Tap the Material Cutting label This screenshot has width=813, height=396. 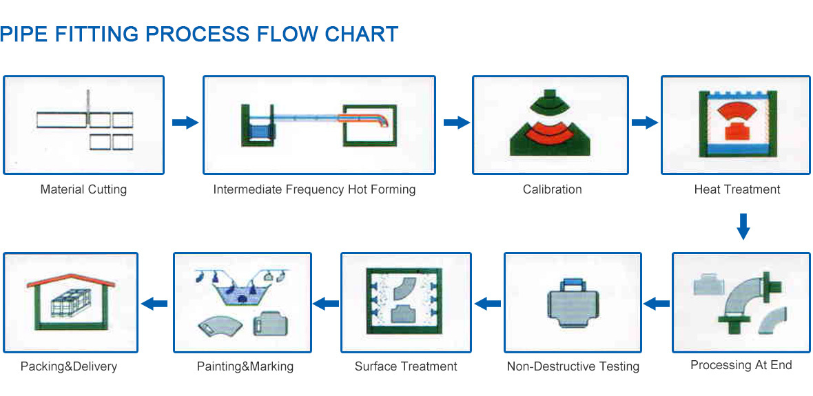coord(83,189)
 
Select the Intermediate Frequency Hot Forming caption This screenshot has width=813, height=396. coord(314,189)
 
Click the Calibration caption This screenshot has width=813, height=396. coord(552,189)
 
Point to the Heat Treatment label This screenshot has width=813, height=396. coord(737,189)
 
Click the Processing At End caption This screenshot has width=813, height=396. coord(741,366)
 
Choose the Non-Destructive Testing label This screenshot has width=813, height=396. coord(573,367)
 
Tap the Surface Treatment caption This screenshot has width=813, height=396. coord(406,367)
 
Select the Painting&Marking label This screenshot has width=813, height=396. coord(245,367)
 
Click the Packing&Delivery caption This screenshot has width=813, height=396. coord(69,367)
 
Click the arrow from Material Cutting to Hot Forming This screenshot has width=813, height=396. coord(185,123)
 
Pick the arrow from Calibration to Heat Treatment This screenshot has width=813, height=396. coord(644,123)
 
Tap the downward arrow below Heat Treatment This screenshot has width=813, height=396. coord(743,226)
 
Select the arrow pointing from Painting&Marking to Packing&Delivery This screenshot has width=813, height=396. coord(155,304)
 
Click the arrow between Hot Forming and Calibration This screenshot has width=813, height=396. coord(457,123)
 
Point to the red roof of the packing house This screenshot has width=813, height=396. coord(70,282)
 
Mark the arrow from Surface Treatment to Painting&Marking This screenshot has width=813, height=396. coord(326,304)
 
